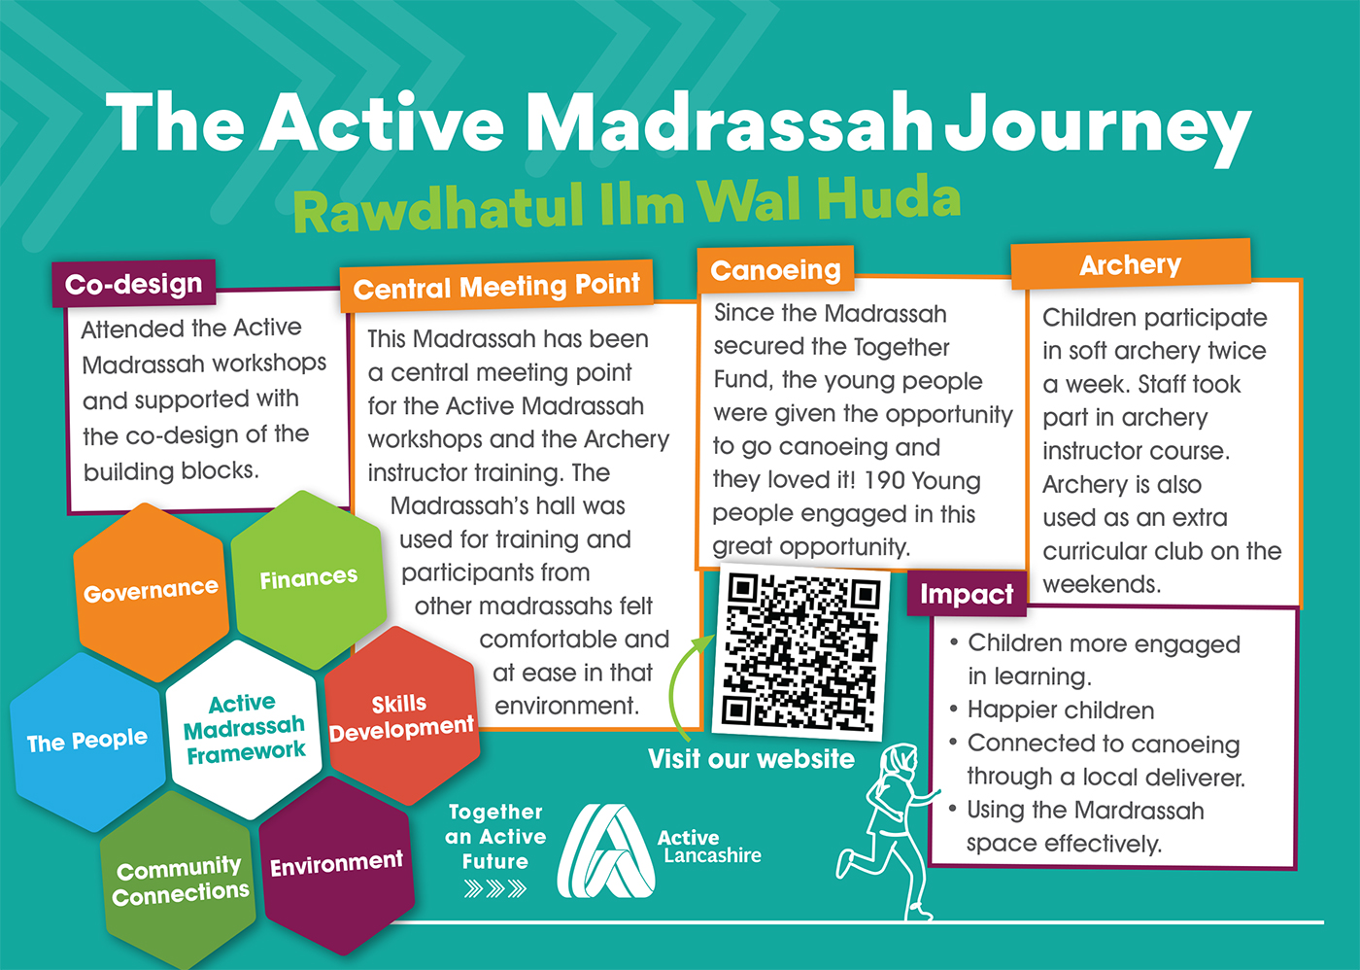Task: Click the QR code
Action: coord(801,652)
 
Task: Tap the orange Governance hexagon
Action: coord(152,592)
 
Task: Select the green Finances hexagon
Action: coord(309,579)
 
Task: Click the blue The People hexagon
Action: coord(87,742)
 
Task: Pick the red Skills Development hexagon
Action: coord(402,716)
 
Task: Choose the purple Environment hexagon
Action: coord(337,865)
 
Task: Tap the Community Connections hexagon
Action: coord(180,880)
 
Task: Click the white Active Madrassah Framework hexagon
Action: coord(244,729)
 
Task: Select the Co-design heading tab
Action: coord(134,283)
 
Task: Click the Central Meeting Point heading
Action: coord(496,286)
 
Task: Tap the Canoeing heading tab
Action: coord(775,269)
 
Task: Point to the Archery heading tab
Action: coord(1131,264)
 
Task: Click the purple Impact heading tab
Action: coord(967,594)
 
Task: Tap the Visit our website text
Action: coord(751,759)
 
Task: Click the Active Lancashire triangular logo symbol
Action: coord(606,850)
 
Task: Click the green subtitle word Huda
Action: coord(888,197)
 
